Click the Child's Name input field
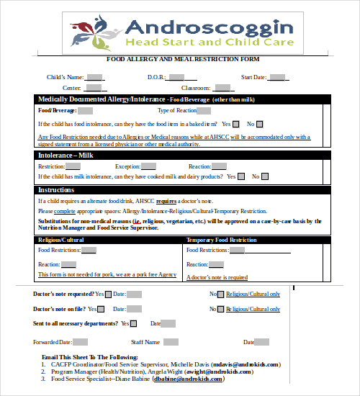(x=94, y=77)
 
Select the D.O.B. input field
(x=176, y=77)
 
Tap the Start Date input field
(x=277, y=77)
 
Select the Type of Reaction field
(x=204, y=111)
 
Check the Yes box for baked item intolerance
(x=236, y=124)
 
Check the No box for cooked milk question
(x=265, y=176)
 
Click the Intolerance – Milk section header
(x=68, y=155)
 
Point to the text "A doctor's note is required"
(x=217, y=277)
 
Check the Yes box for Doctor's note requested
(x=109, y=294)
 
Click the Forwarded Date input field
(x=81, y=342)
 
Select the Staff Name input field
(x=170, y=342)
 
